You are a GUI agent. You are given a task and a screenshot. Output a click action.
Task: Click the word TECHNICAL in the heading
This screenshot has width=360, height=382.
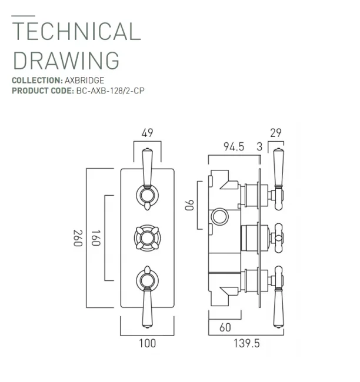click(x=76, y=31)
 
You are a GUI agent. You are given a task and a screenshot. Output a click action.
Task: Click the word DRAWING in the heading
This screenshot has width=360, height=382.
click(x=65, y=61)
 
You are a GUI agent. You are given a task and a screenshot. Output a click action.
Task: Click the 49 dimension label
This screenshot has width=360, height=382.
click(x=148, y=133)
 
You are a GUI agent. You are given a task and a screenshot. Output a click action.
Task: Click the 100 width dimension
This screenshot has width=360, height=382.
click(x=147, y=343)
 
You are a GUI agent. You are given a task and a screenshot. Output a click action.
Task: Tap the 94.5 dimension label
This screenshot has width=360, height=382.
click(x=234, y=147)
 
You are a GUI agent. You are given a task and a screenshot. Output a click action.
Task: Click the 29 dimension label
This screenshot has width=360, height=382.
click(x=275, y=133)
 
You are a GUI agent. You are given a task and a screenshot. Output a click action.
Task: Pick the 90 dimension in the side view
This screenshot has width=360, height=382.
click(x=189, y=206)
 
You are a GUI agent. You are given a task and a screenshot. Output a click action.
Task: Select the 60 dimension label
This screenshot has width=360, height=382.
click(x=225, y=328)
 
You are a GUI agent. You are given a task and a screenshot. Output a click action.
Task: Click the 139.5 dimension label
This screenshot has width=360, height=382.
click(x=245, y=343)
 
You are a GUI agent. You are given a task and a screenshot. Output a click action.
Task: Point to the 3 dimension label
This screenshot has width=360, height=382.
click(x=259, y=147)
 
